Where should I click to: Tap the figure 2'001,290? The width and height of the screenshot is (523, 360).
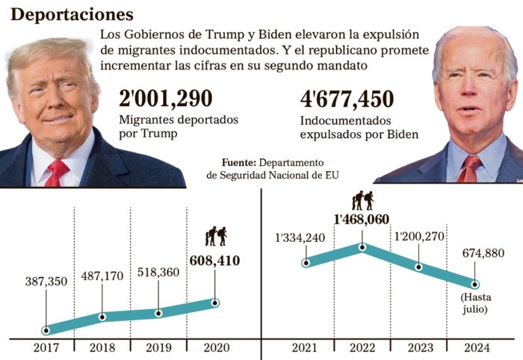tap(166, 99)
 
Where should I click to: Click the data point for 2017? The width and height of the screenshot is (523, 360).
tap(46, 329)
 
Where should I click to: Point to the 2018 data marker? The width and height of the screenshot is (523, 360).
tap(102, 317)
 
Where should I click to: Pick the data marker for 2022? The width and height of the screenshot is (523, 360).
tap(362, 246)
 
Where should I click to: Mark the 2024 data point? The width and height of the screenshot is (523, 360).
tap(475, 284)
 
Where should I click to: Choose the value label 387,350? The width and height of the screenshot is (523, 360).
tap(46, 281)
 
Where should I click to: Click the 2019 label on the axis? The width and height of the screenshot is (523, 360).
tap(158, 348)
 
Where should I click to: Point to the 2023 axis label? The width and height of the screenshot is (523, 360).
tap(419, 348)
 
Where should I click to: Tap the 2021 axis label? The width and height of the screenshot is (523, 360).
tap(306, 348)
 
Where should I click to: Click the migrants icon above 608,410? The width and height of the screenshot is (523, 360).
tap(215, 236)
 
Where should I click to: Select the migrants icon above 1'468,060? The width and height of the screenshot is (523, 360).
tap(362, 199)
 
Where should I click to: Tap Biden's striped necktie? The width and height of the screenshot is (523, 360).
tap(468, 169)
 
